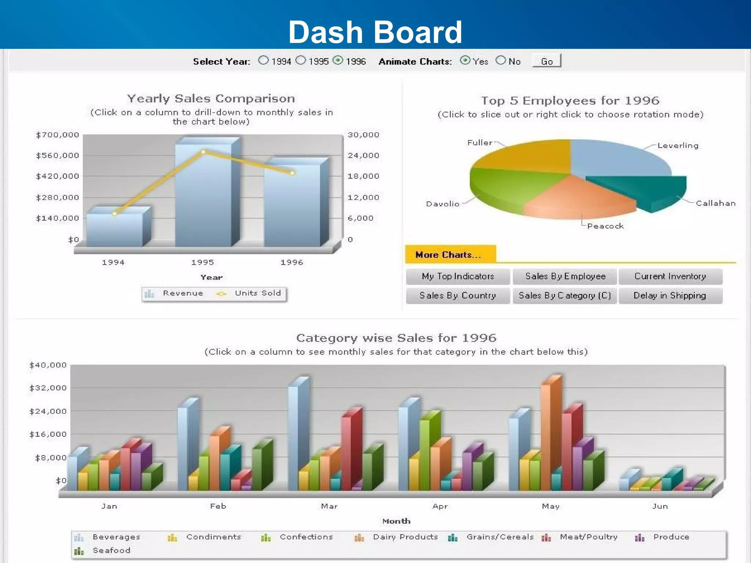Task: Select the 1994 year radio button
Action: pyautogui.click(x=263, y=60)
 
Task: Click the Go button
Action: pyautogui.click(x=546, y=61)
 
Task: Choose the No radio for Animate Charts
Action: pyautogui.click(x=500, y=60)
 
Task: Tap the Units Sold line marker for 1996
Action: pyautogui.click(x=292, y=173)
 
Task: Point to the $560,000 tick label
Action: pyautogui.click(x=58, y=156)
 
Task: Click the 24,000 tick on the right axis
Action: pyautogui.click(x=363, y=156)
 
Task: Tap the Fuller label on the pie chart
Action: pyautogui.click(x=479, y=143)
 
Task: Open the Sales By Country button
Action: pyautogui.click(x=458, y=296)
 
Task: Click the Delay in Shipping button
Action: pyautogui.click(x=670, y=296)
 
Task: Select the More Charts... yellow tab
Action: pyautogui.click(x=450, y=254)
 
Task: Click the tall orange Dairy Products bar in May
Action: pyautogui.click(x=546, y=436)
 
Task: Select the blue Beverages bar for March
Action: pyautogui.click(x=293, y=436)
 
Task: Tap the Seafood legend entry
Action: pyautogui.click(x=111, y=551)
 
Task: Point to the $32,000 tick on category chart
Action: pyautogui.click(x=48, y=388)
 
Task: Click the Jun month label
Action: pyautogui.click(x=660, y=506)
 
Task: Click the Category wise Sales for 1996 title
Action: pyautogui.click(x=396, y=338)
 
